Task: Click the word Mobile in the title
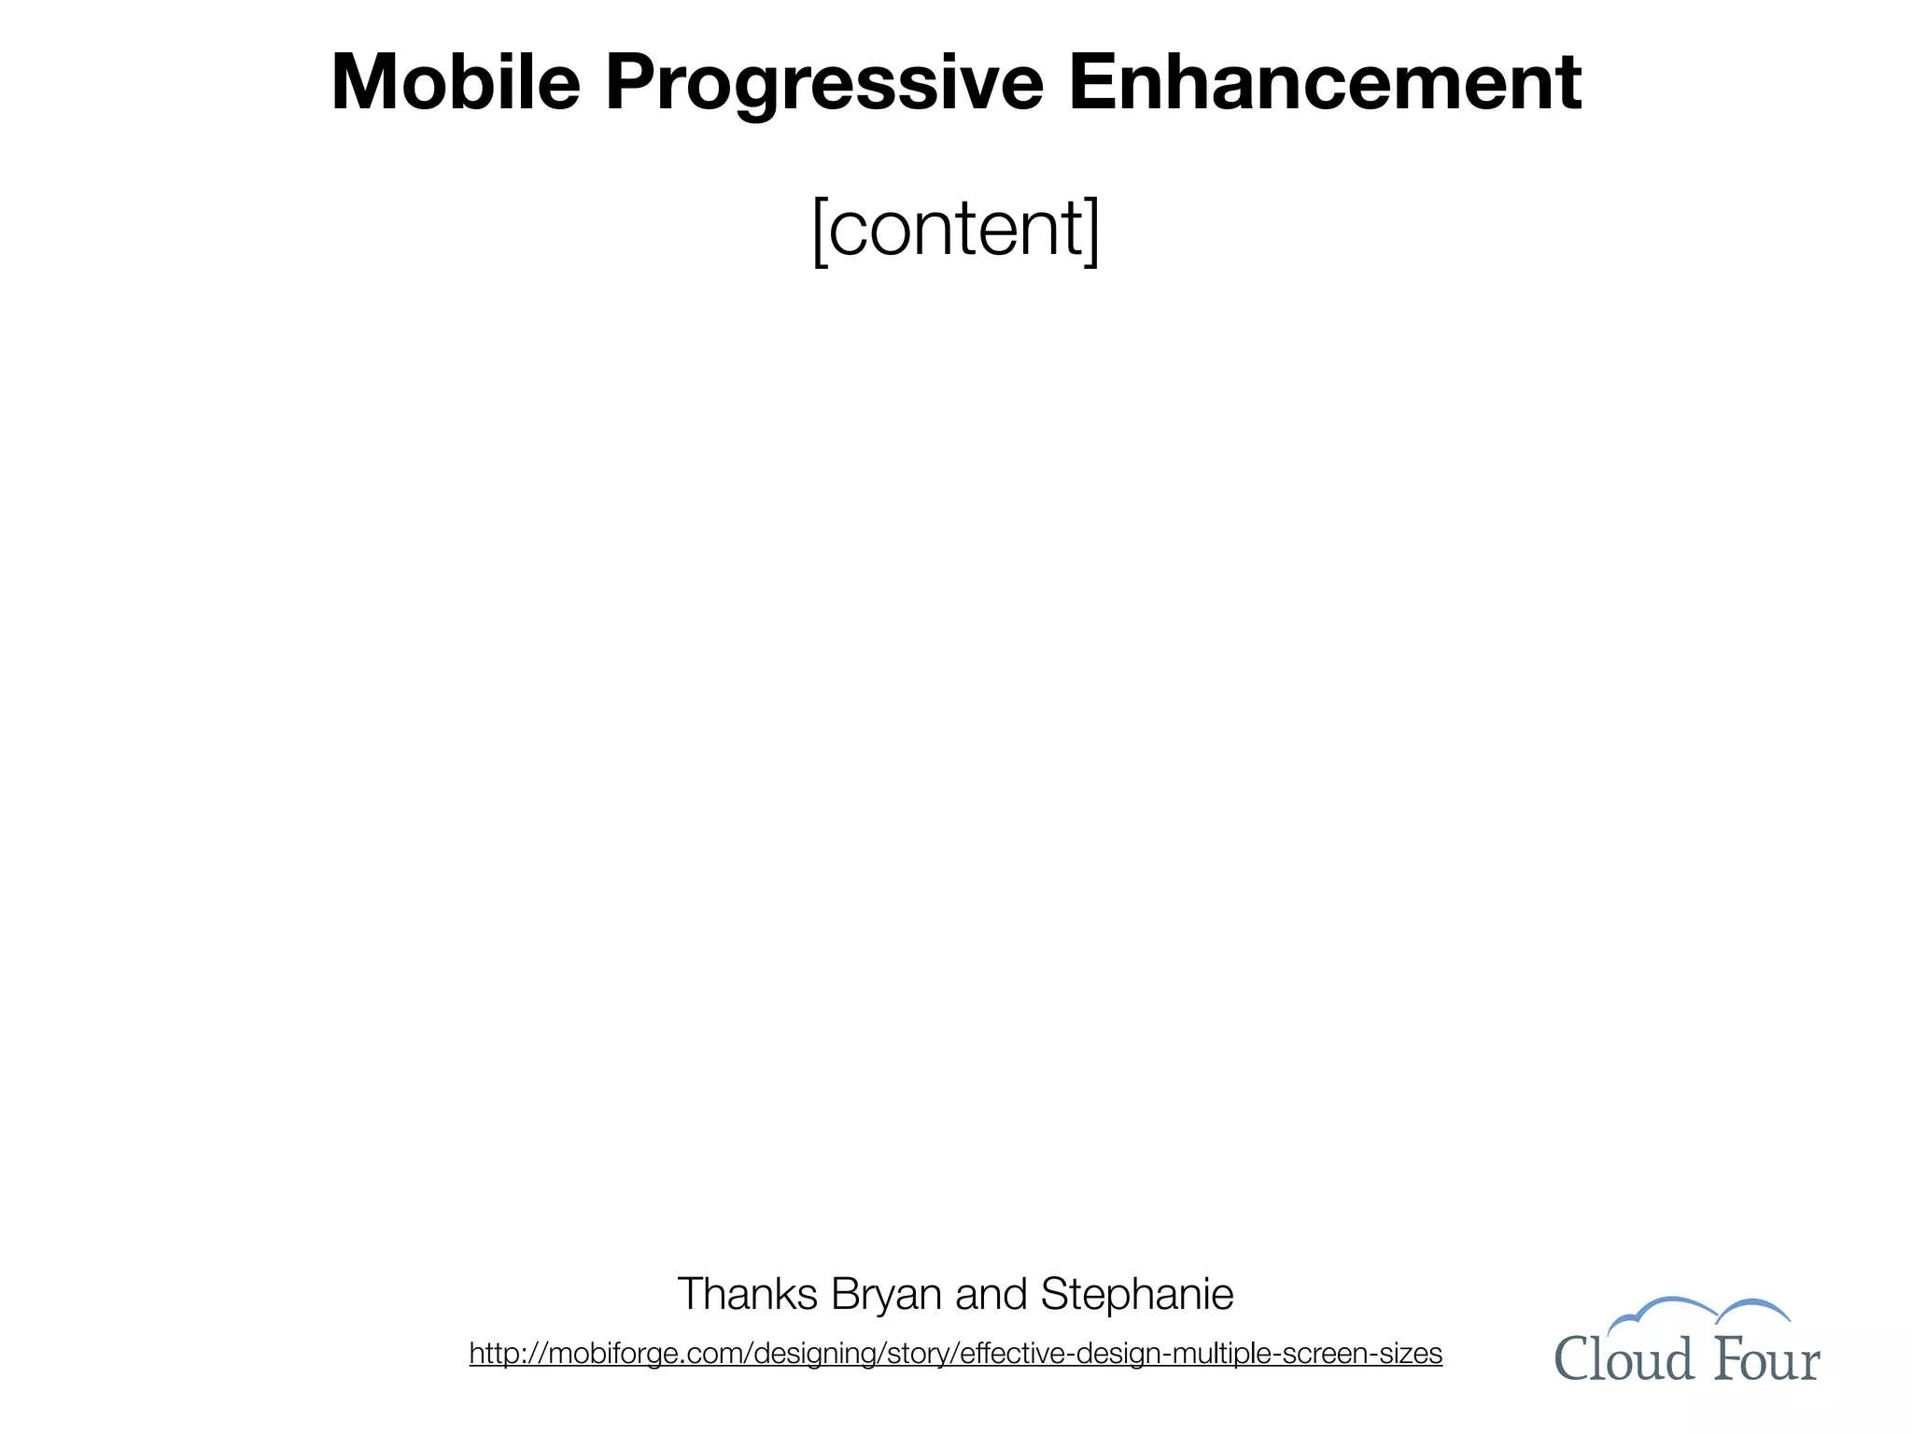[456, 82]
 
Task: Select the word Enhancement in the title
[1325, 82]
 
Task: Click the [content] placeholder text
[956, 228]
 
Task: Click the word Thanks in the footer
[747, 1294]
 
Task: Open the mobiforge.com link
[955, 1353]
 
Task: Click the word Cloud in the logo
[1624, 1359]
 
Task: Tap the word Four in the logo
[1767, 1359]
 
